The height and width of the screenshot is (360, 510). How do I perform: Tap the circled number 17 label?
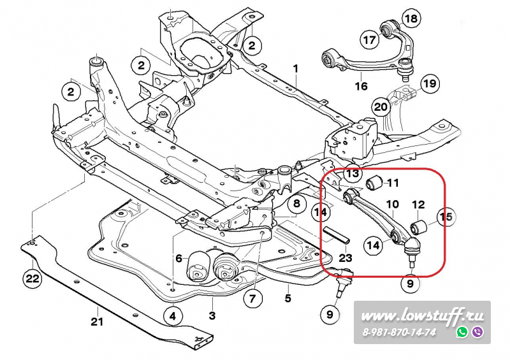point(370,40)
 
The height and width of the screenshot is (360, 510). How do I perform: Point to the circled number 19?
point(430,83)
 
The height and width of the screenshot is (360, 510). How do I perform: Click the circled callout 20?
point(381,107)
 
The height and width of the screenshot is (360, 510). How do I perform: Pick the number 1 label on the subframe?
point(296,68)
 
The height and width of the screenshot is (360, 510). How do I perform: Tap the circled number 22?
point(32,278)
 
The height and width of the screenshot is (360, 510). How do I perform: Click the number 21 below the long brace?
point(96,321)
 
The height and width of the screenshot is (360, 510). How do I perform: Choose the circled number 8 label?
point(296,205)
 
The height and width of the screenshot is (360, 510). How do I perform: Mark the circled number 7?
point(252,298)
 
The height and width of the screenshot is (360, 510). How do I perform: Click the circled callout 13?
point(353,173)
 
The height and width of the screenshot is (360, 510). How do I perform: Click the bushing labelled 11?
point(375,184)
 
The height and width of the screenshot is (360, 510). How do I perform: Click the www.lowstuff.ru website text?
point(423,315)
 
